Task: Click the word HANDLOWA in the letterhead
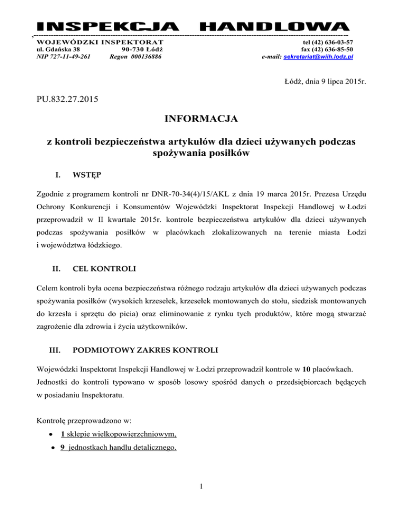[x=275, y=27]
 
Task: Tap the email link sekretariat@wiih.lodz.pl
[x=317, y=57]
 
